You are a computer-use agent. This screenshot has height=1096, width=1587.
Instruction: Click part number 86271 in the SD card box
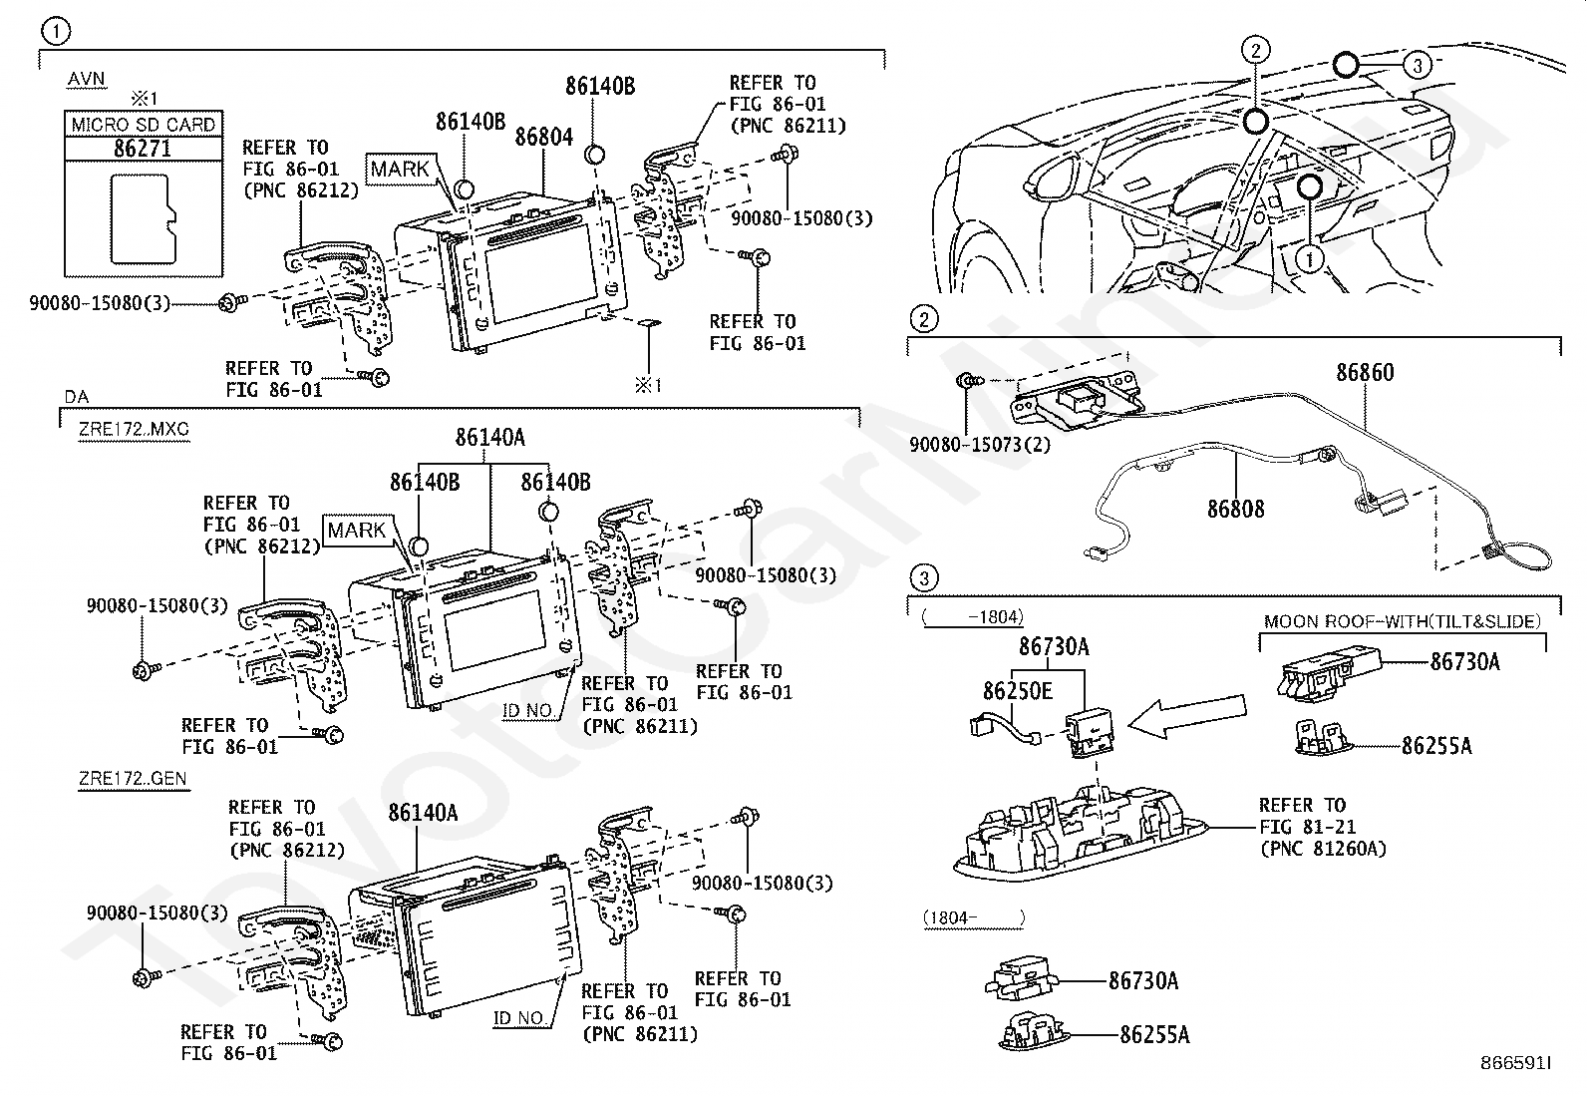(143, 149)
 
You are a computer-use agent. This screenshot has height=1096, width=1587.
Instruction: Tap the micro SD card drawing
(144, 219)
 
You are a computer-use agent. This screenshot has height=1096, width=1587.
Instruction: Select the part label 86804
(543, 136)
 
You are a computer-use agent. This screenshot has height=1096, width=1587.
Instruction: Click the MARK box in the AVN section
(401, 169)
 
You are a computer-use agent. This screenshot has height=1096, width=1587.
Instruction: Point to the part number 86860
(1365, 372)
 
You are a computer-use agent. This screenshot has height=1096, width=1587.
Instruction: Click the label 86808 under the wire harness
(1235, 509)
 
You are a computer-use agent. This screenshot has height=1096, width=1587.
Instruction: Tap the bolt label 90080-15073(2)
(980, 445)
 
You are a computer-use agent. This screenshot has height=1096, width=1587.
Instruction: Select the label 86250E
(1018, 690)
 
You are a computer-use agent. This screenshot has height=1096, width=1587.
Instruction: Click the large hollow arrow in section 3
(1186, 715)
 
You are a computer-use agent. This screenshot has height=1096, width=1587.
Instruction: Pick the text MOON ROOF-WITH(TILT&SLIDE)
(1403, 621)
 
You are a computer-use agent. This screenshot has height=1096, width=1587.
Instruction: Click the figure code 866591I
(1515, 1063)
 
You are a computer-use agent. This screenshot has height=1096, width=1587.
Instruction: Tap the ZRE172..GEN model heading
(134, 779)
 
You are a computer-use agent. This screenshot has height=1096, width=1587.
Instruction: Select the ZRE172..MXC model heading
(134, 429)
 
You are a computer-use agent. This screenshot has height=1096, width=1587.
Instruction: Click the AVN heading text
(87, 79)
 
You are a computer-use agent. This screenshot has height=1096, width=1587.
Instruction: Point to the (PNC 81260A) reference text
(1323, 849)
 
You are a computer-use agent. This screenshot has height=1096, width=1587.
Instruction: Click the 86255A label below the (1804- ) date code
(1154, 1035)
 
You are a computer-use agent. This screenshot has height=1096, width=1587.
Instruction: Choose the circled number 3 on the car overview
(1417, 65)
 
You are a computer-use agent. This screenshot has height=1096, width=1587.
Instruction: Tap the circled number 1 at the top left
(56, 31)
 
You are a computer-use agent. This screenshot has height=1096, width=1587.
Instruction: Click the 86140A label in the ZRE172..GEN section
(423, 813)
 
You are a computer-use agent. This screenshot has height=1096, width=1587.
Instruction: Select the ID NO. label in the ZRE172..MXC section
(527, 710)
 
